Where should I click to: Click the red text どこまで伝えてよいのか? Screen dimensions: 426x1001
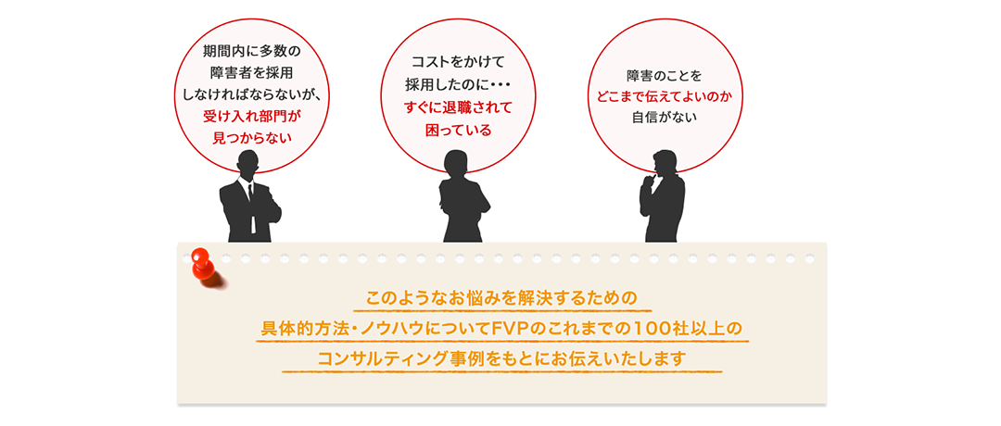coord(665,95)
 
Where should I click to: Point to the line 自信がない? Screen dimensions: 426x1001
coord(665,118)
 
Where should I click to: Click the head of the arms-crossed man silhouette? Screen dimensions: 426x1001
coord(248,164)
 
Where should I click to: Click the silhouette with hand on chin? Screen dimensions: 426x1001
coord(662,199)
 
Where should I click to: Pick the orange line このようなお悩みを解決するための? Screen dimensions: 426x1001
coord(501,299)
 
